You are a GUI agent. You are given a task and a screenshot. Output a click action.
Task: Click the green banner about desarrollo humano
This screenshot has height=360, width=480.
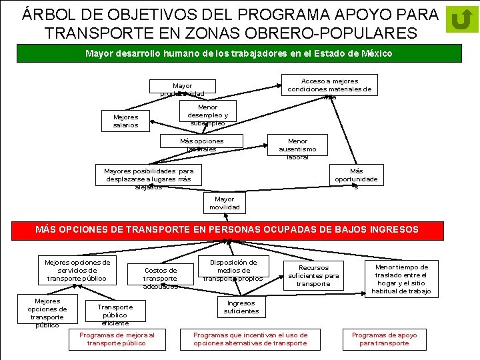pyautogui.click(x=239, y=53)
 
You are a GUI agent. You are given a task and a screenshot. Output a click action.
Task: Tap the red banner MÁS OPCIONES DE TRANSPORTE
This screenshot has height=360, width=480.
pyautogui.click(x=227, y=229)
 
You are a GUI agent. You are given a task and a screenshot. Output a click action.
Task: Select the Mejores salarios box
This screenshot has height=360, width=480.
pyautogui.click(x=125, y=121)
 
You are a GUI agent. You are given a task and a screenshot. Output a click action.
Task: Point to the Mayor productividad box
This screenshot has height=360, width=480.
pyautogui.click(x=182, y=90)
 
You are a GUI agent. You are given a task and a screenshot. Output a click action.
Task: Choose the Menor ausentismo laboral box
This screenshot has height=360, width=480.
pyautogui.click(x=297, y=149)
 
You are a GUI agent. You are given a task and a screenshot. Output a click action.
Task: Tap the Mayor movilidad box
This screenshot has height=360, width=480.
pyautogui.click(x=225, y=203)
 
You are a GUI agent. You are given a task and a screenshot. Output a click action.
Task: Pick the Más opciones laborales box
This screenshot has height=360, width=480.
pyautogui.click(x=202, y=145)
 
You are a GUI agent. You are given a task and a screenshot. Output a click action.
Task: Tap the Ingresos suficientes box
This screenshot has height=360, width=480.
pyautogui.click(x=241, y=307)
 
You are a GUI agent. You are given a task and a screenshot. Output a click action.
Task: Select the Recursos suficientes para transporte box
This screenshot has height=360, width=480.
pyautogui.click(x=313, y=275)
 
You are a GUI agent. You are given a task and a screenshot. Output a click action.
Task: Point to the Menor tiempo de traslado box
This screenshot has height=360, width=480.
pyautogui.click(x=401, y=279)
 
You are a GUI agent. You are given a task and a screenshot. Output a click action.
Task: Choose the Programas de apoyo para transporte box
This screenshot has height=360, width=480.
pyautogui.click(x=385, y=339)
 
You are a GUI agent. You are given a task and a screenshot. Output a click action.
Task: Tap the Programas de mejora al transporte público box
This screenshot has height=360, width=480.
pyautogui.click(x=117, y=339)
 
